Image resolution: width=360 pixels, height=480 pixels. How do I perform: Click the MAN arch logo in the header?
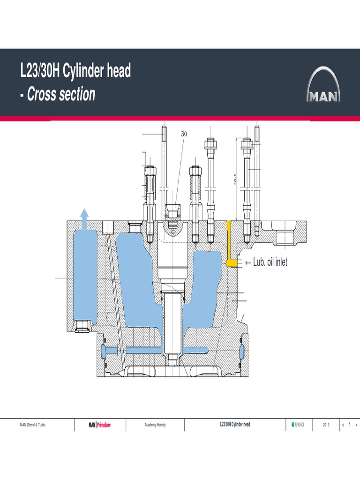tap(323, 85)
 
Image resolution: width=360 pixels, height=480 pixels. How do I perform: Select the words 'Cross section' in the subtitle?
tap(61, 94)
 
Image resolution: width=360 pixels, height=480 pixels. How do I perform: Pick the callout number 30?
tap(184, 134)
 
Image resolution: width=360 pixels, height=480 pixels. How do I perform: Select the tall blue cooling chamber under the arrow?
tap(85, 274)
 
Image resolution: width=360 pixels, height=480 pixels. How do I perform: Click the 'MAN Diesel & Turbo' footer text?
tap(32, 425)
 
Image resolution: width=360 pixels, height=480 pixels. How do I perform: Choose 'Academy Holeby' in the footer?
tap(155, 425)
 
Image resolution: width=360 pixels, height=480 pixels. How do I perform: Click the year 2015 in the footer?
tap(326, 425)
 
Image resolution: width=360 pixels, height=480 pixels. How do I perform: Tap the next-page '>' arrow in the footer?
tap(357, 425)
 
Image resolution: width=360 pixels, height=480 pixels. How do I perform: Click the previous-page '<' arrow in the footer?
tap(343, 425)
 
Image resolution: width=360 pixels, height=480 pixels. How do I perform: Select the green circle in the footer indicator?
tap(293, 425)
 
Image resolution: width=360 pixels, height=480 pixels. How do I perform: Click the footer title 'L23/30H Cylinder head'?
tap(235, 424)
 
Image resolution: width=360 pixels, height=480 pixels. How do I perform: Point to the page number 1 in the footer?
tap(350, 425)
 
